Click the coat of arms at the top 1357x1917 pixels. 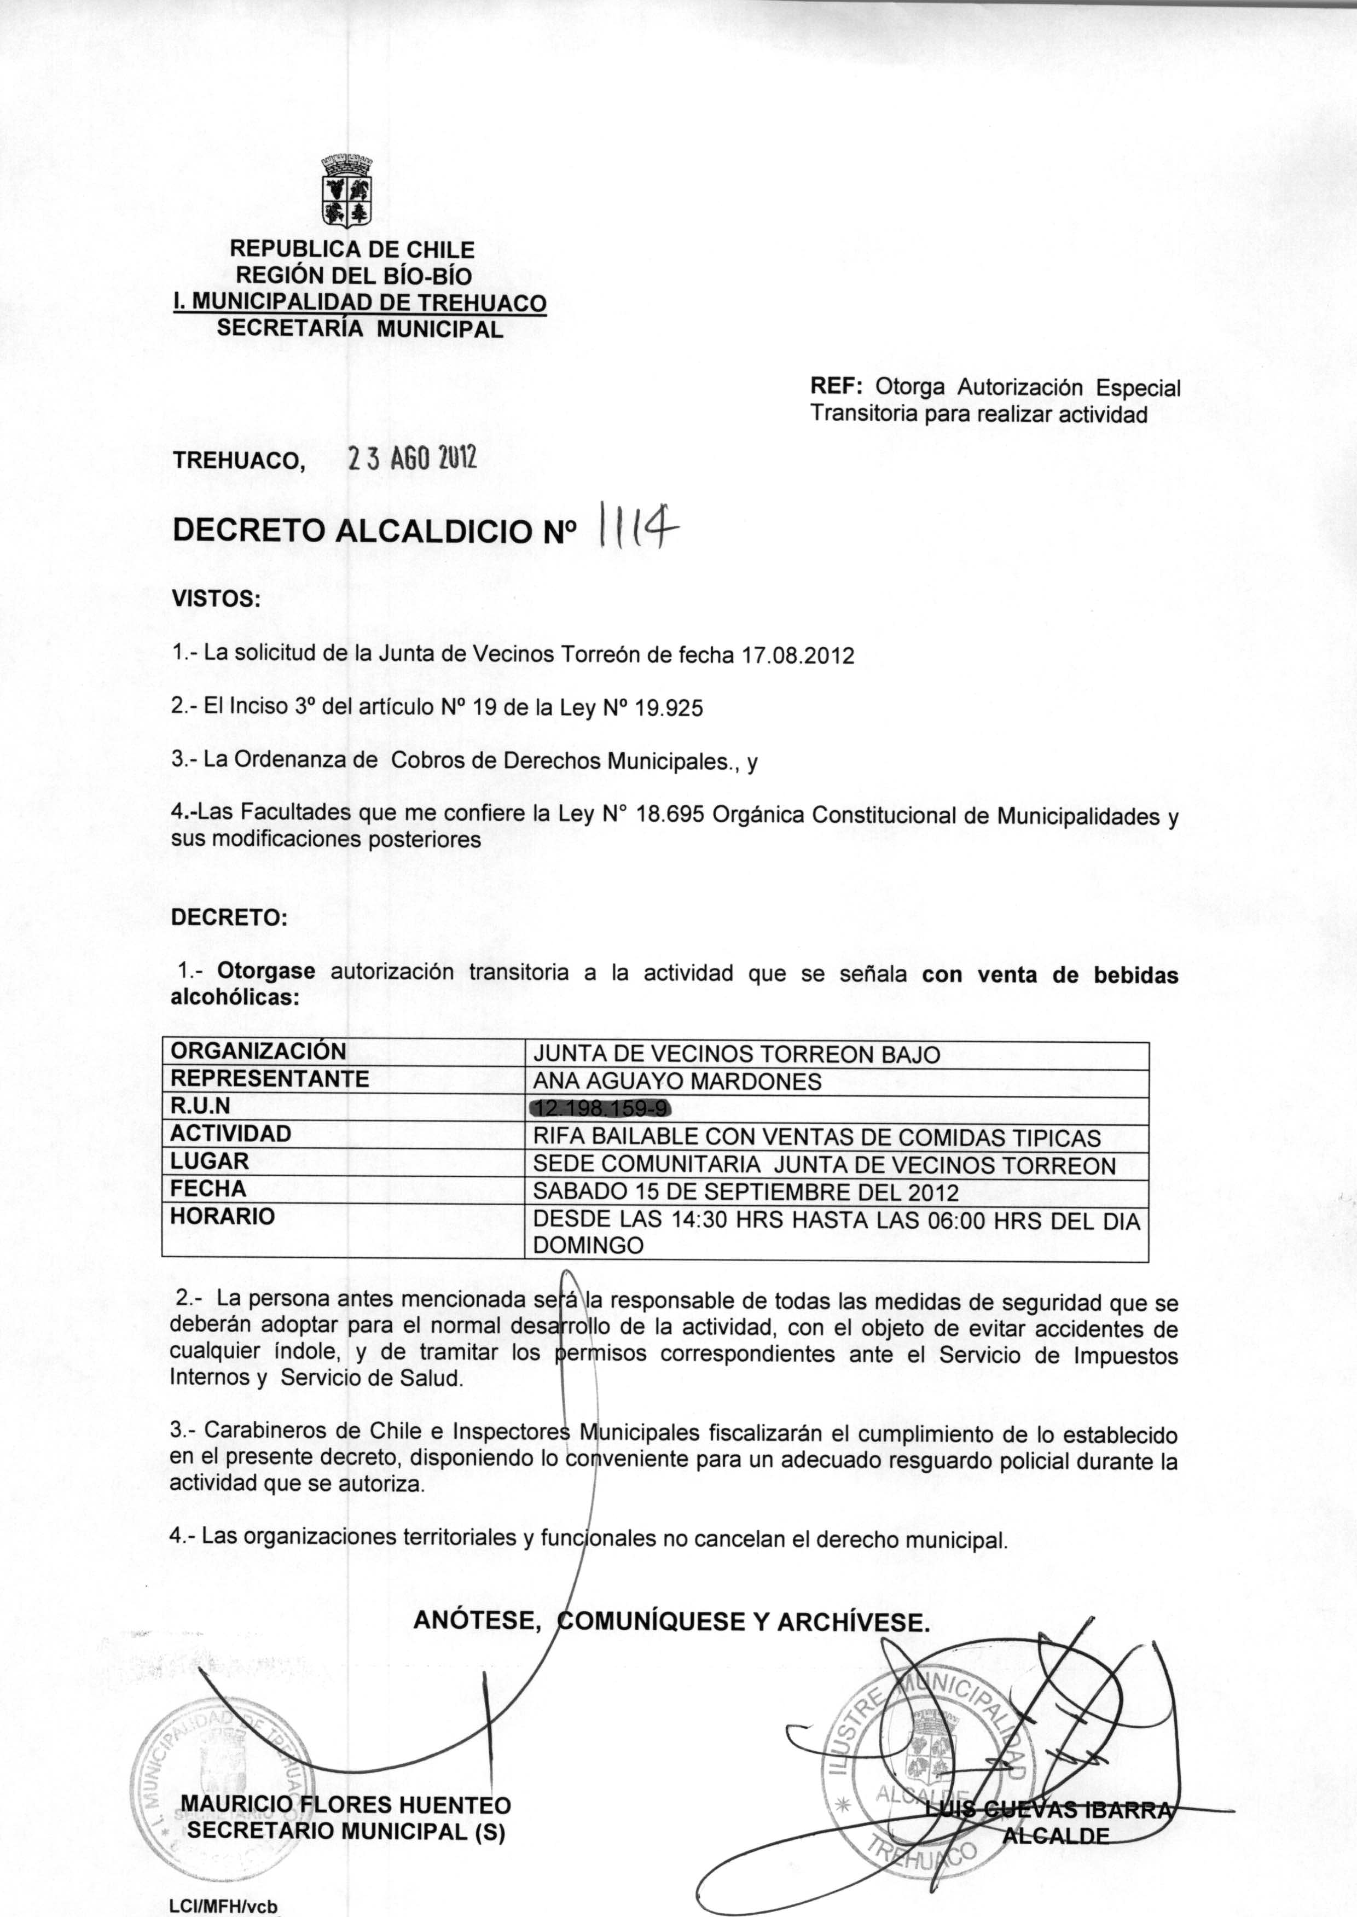(347, 190)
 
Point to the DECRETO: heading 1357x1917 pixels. (228, 917)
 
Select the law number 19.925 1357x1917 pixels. (669, 708)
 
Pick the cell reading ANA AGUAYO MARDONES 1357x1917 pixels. (677, 1082)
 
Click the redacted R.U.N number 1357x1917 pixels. (601, 1108)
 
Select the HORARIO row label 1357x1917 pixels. (222, 1216)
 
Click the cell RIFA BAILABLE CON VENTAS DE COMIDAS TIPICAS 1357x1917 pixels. (816, 1137)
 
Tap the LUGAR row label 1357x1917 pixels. (209, 1161)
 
